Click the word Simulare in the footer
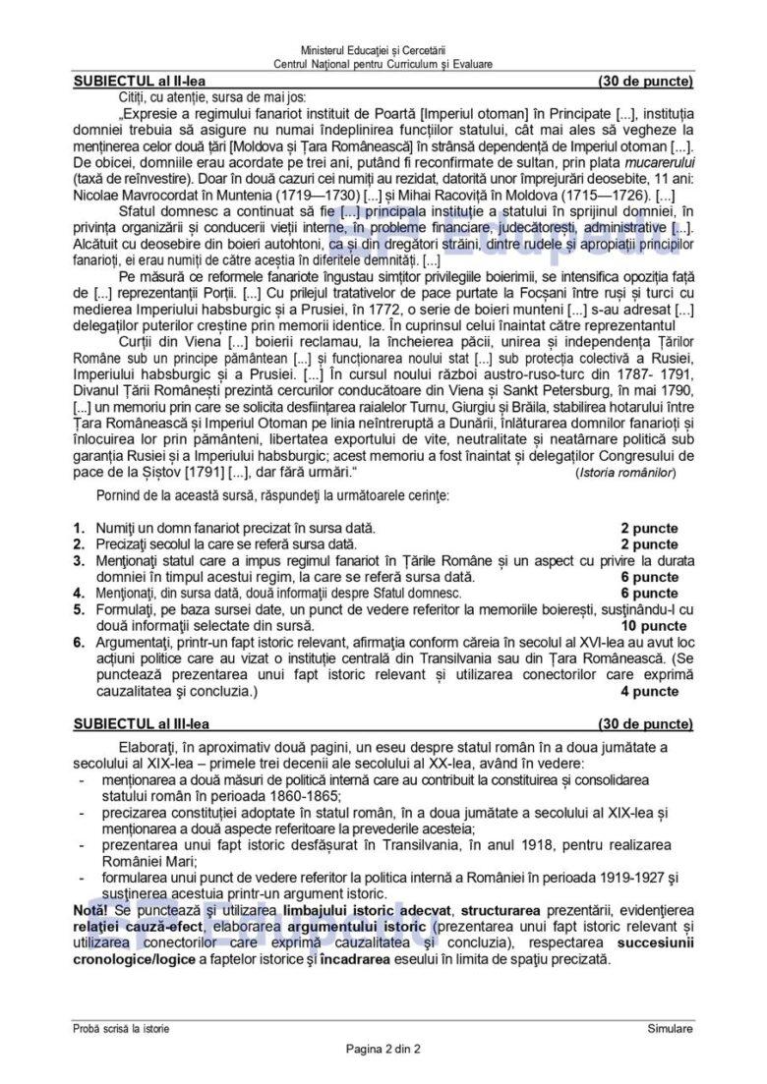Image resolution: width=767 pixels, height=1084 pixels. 670,1028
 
